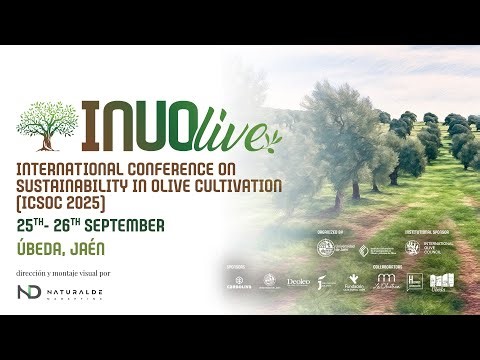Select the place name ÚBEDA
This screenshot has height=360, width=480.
(x=46, y=247)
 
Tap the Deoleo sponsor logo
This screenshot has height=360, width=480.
(x=298, y=282)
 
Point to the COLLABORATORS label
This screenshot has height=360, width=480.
(x=389, y=267)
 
